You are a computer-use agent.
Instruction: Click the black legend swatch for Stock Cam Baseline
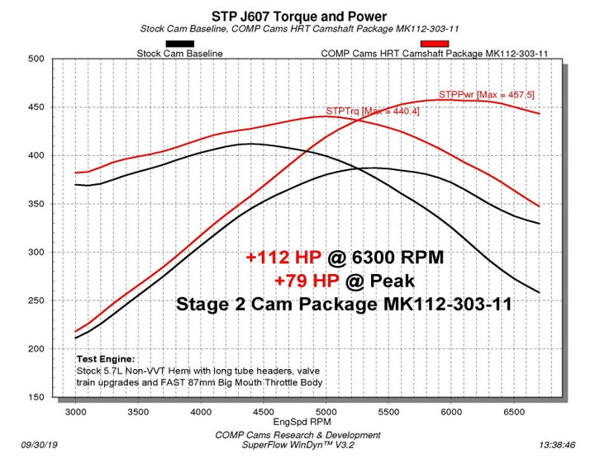coord(179,44)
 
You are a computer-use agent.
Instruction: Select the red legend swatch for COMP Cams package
coord(435,44)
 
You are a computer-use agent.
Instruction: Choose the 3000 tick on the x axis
coord(74,410)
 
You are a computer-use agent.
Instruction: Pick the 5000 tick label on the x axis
coord(326,410)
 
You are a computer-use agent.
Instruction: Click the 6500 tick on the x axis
coord(514,410)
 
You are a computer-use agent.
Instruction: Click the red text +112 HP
coord(281,258)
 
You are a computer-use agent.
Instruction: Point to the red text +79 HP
coord(307,280)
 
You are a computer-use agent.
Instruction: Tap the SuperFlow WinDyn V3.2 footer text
coord(297,446)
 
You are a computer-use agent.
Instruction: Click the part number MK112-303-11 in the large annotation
coord(445,304)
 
